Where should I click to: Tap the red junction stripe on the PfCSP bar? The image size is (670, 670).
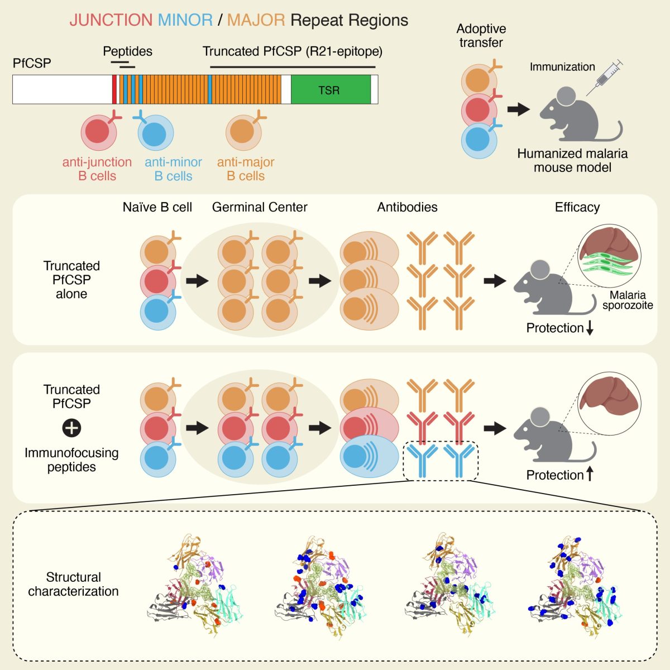click(114, 89)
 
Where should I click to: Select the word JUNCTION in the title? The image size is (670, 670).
click(111, 20)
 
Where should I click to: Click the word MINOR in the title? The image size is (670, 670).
click(185, 20)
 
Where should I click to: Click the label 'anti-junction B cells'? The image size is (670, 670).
click(97, 169)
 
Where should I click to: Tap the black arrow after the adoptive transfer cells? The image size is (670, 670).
click(518, 109)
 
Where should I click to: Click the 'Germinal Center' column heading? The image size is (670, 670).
click(260, 207)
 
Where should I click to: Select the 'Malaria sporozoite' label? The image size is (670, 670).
click(628, 300)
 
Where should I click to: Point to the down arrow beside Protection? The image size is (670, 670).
click(590, 328)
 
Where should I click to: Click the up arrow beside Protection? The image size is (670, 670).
click(590, 474)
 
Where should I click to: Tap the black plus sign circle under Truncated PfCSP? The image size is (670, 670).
click(71, 428)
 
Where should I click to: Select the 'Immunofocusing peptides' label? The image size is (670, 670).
click(71, 460)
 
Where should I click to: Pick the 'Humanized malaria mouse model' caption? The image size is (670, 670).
click(572, 160)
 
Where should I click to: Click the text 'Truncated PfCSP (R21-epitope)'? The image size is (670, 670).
click(293, 51)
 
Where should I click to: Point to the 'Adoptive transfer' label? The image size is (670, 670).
click(481, 36)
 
